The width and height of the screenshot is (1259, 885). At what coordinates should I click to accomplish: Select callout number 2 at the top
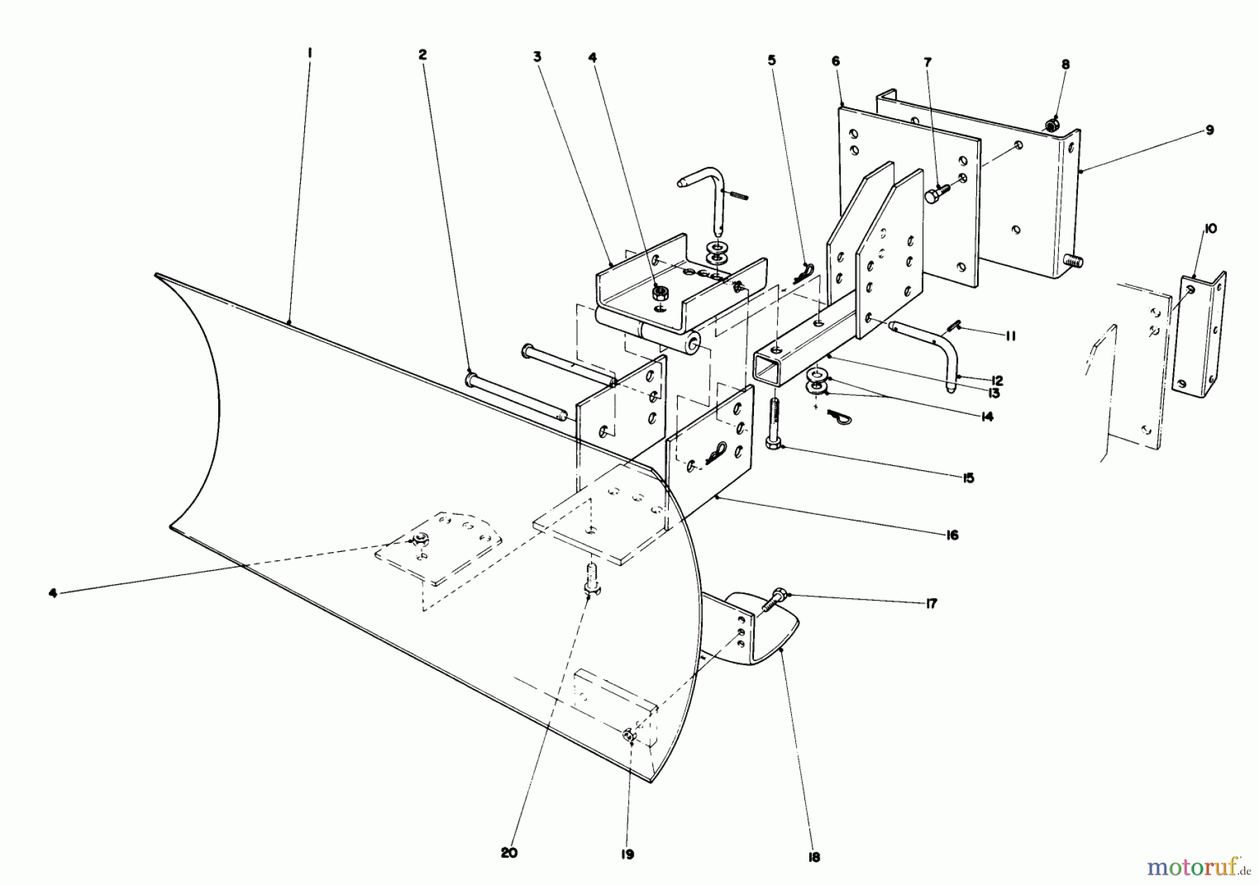[x=422, y=55]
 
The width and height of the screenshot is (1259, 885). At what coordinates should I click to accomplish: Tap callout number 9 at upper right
[x=1209, y=129]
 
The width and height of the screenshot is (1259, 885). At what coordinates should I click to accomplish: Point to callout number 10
[x=1211, y=229]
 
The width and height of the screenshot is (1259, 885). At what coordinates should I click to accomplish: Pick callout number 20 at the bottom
[x=509, y=854]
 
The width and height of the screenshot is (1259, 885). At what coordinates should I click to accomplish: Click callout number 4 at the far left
[x=52, y=593]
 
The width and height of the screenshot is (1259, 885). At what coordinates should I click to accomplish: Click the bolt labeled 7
[x=937, y=192]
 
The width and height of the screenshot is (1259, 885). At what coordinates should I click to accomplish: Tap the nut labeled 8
[x=1051, y=125]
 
